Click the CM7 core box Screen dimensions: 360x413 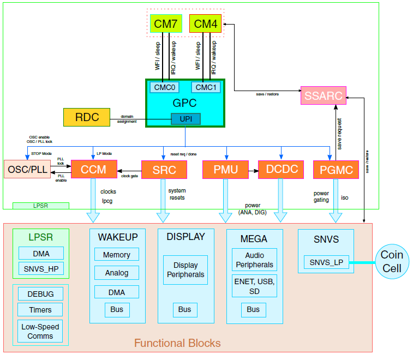165,23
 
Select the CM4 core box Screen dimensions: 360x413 205,23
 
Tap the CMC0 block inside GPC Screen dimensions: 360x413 164,87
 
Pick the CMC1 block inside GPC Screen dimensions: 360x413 206,87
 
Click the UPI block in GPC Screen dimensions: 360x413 185,119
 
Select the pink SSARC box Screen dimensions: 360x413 324,96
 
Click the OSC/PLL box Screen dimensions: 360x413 27,170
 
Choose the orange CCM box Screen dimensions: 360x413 93,170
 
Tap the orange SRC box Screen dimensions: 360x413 164,170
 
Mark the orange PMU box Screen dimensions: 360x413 225,170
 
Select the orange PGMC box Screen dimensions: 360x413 336,170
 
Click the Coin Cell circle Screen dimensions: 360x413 392,262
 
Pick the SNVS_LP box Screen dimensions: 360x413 326,263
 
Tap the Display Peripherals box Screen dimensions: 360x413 185,270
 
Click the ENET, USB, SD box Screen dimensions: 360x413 254,286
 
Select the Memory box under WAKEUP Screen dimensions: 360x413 117,255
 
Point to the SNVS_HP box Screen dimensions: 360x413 41,268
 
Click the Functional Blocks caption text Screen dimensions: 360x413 177,343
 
